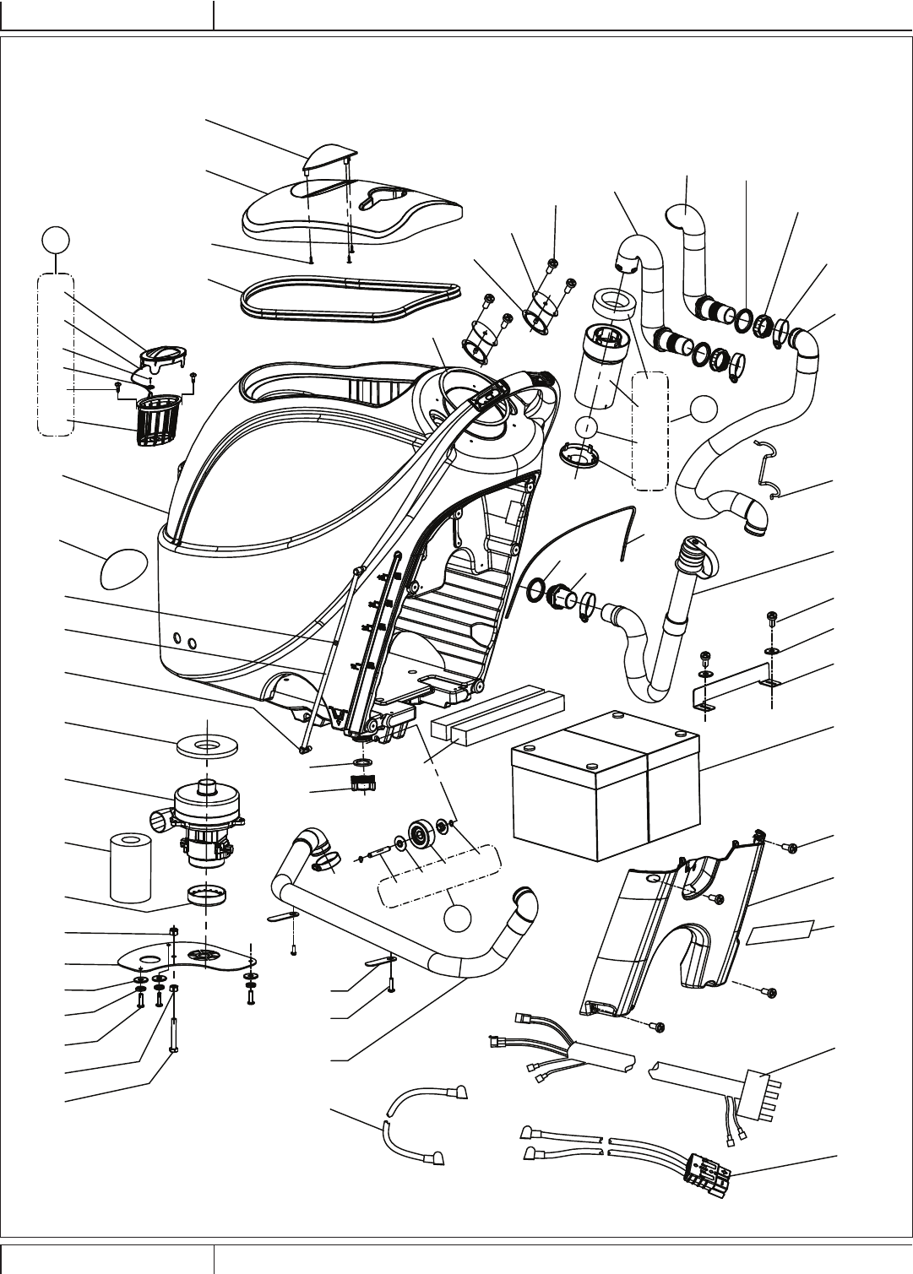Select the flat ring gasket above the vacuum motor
click(206, 747)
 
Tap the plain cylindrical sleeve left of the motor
click(131, 866)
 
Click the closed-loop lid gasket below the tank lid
click(350, 300)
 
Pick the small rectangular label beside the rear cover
click(780, 932)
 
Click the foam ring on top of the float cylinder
click(615, 304)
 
